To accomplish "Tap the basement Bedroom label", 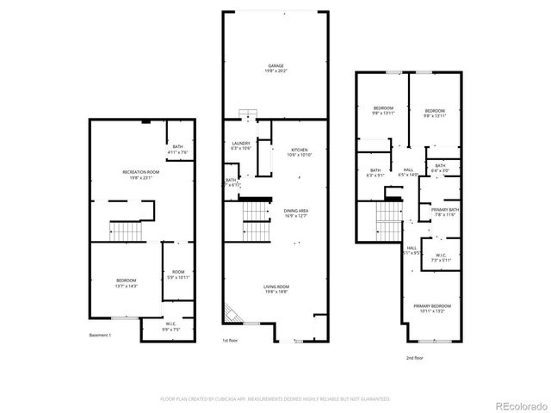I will (127, 281).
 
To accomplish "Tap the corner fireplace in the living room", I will (231, 314).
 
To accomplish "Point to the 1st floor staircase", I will (257, 211).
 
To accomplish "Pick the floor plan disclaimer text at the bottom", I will (275, 398).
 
